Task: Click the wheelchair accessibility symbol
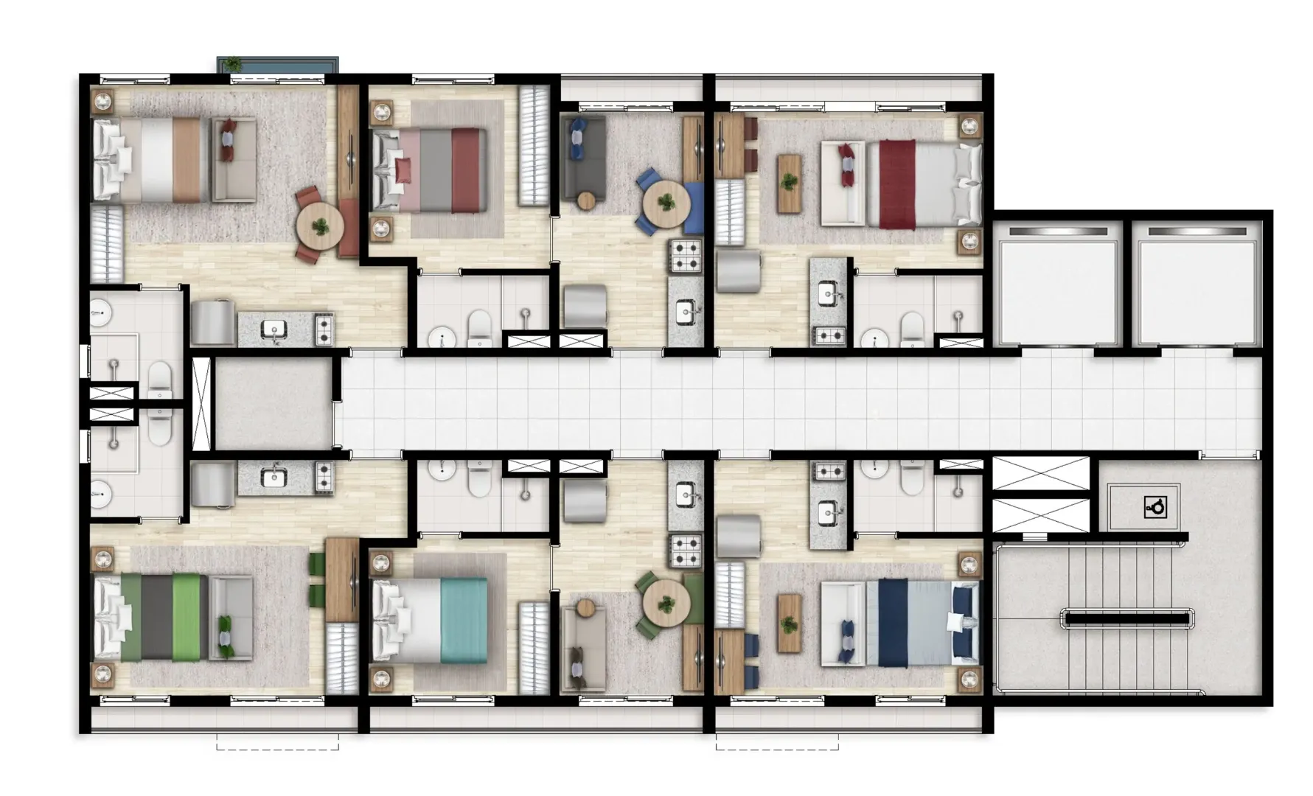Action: coord(1154,507)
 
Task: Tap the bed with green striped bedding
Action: coord(159,616)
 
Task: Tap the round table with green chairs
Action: coord(666,601)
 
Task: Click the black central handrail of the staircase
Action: coord(1126,618)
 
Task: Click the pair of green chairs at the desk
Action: coord(317,579)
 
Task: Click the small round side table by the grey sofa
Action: coord(586,200)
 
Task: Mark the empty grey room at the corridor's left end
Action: coord(273,403)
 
